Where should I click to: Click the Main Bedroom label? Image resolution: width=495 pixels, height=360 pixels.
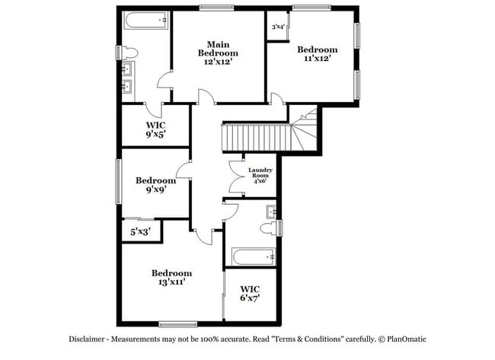pos(218,53)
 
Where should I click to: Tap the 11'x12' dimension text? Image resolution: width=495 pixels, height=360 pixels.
pos(318,59)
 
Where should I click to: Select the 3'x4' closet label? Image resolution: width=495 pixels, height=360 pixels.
pos(279,27)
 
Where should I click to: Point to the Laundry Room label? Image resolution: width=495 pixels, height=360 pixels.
pos(260,175)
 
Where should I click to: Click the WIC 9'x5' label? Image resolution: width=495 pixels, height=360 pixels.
pos(155,129)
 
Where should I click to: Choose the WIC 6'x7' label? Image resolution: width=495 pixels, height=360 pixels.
pos(250,294)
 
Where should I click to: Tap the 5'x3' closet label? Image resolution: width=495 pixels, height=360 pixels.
pos(140,232)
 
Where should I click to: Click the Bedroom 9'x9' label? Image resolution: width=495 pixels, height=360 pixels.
pos(156,185)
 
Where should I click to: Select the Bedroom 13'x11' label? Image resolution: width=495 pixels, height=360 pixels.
pos(172,277)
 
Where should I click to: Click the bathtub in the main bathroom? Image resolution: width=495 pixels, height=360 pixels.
pos(146,21)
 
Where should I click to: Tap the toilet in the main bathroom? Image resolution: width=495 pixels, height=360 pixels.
pos(129,53)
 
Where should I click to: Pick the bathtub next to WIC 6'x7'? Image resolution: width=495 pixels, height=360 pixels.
pos(254,257)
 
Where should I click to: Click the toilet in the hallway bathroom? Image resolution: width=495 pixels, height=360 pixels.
pos(269,228)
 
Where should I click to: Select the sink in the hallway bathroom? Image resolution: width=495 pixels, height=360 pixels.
pos(272,212)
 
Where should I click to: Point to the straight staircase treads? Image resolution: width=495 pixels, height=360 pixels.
pos(257,138)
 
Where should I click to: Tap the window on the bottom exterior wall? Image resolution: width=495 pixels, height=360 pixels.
pos(178,324)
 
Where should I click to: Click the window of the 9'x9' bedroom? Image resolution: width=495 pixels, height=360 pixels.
pos(119,181)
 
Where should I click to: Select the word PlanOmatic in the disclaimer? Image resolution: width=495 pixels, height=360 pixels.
pos(407,339)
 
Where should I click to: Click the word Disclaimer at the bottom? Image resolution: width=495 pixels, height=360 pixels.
pos(87,339)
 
